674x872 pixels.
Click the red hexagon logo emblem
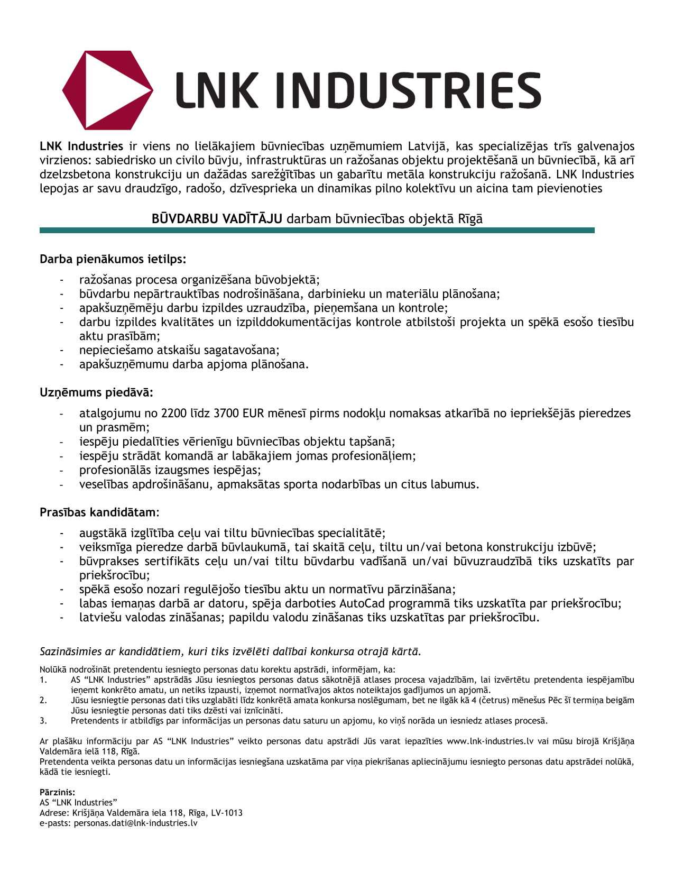pyautogui.click(x=79, y=90)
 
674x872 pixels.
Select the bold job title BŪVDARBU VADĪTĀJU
pyautogui.click(x=217, y=219)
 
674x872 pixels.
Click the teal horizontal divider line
pyautogui.click(x=317, y=231)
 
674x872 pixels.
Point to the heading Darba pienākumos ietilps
pyautogui.click(x=113, y=259)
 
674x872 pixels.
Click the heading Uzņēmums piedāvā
pyautogui.click(x=97, y=393)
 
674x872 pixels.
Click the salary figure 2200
pyautogui.click(x=174, y=414)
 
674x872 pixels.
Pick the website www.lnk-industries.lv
pyautogui.click(x=490, y=741)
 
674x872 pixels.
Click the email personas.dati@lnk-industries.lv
pyautogui.click(x=136, y=823)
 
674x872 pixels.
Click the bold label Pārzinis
pyautogui.click(x=58, y=792)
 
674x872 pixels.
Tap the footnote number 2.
pyautogui.click(x=43, y=700)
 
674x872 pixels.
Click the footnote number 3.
pyautogui.click(x=43, y=721)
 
